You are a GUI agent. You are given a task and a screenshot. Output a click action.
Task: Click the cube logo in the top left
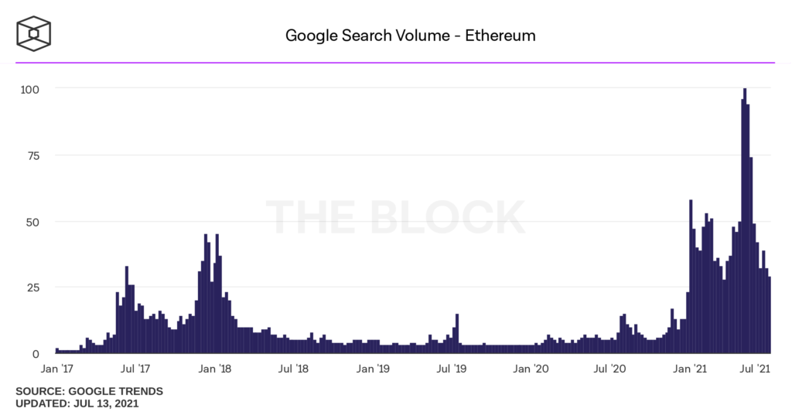pos(36,34)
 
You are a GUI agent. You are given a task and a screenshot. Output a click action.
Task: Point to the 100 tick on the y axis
pos(30,89)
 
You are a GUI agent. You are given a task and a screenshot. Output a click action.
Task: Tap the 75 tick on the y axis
pos(33,155)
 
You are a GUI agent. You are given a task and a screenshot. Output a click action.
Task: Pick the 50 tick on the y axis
pos(33,222)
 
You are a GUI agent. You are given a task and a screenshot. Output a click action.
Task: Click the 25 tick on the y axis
pos(33,287)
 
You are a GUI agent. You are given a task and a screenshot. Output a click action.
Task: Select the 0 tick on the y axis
pos(36,354)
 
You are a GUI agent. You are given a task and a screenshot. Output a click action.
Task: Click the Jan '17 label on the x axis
pos(58,369)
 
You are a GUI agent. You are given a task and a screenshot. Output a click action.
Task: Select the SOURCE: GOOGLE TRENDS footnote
pos(89,391)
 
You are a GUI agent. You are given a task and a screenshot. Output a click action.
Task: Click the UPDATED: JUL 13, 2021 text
pos(77,403)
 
